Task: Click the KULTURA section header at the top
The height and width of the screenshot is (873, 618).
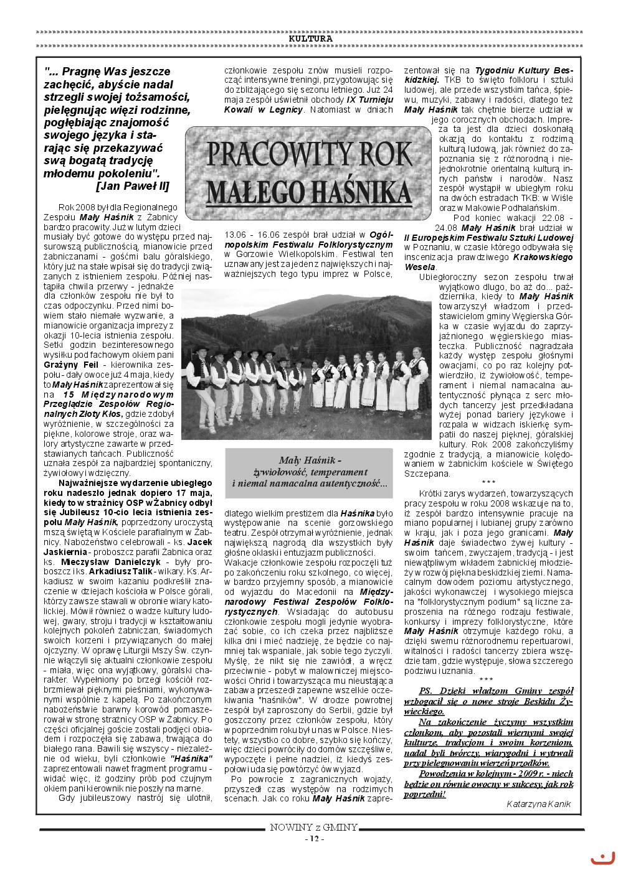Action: click(x=310, y=39)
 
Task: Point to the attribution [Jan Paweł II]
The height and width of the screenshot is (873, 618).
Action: click(x=132, y=186)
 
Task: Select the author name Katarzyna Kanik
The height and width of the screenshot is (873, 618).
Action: click(x=539, y=804)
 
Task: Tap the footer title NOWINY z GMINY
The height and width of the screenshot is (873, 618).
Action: click(x=314, y=827)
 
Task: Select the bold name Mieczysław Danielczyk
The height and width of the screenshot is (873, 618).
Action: click(x=111, y=562)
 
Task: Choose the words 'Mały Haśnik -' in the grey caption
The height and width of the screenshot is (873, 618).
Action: click(x=310, y=460)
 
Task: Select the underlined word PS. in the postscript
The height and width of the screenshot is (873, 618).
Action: click(x=425, y=691)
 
